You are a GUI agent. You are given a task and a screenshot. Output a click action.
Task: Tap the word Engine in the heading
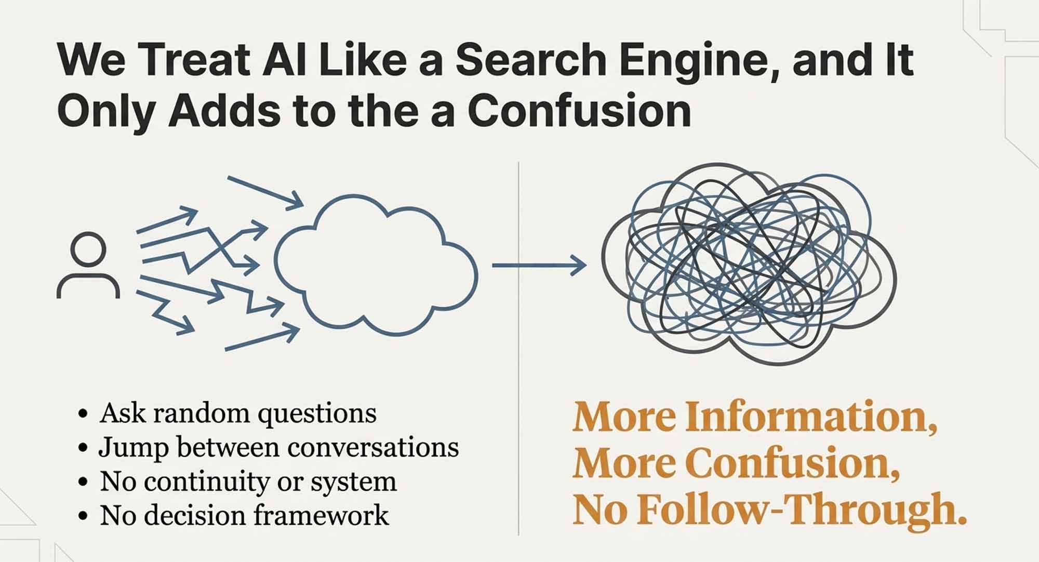pyautogui.click(x=698, y=61)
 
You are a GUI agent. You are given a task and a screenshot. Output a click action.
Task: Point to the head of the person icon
pyautogui.click(x=88, y=249)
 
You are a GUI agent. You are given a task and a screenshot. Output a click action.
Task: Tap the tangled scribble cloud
pyautogui.click(x=748, y=263)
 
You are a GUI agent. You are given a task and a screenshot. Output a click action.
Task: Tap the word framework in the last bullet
pyautogui.click(x=321, y=515)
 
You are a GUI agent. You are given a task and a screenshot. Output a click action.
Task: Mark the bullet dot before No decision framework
pyautogui.click(x=83, y=517)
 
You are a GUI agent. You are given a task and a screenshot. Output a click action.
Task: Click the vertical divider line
pyautogui.click(x=519, y=348)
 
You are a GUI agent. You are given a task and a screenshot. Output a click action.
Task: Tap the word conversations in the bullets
pyautogui.click(x=369, y=448)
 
